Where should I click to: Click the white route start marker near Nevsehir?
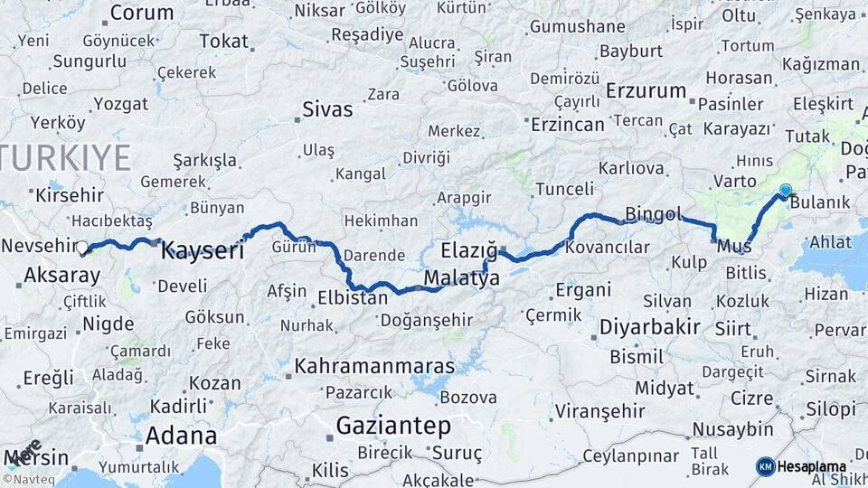82,247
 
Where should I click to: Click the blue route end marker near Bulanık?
785,191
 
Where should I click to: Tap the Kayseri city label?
203,251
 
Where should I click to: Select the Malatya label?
461,279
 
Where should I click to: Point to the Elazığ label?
469,249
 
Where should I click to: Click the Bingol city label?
652,214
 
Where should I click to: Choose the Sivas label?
326,110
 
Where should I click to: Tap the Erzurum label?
646,90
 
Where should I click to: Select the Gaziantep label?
393,425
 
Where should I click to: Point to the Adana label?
181,436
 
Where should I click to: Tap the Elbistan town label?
353,296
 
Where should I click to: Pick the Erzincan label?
567,124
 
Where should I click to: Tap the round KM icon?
766,466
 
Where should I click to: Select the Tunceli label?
564,189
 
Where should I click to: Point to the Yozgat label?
120,103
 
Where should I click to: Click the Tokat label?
223,41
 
